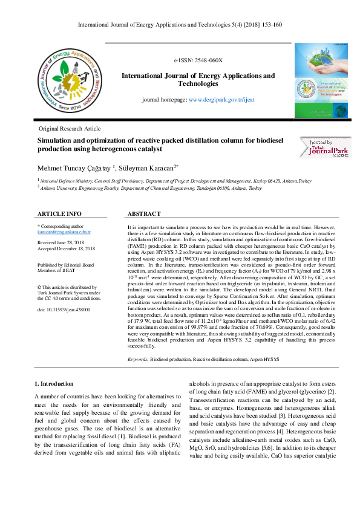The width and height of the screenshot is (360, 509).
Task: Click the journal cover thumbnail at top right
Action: click(x=318, y=81)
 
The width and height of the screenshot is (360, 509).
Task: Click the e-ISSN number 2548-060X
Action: click(x=198, y=61)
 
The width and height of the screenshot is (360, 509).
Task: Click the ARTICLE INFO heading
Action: click(x=59, y=214)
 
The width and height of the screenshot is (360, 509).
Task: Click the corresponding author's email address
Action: click(x=64, y=232)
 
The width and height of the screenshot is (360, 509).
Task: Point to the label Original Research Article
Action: click(x=69, y=129)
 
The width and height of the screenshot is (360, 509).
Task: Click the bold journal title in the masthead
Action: click(x=198, y=80)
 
